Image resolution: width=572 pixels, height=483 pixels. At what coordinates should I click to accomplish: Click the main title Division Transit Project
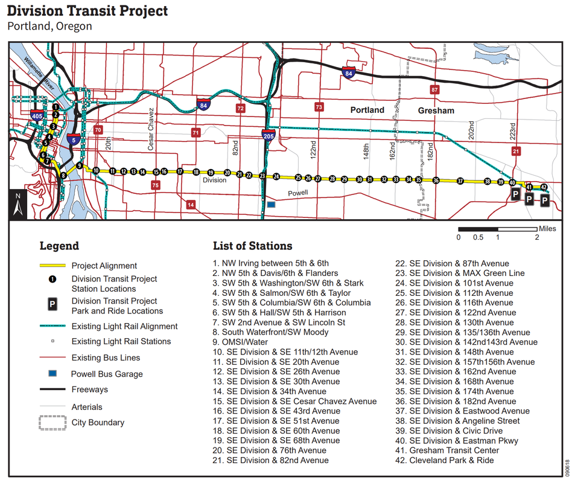point(88,11)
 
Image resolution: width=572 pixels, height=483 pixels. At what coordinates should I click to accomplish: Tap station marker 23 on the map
point(262,176)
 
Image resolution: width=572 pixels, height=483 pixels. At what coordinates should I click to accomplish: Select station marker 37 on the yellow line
point(460,181)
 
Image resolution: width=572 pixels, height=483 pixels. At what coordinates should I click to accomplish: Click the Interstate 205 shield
point(267,133)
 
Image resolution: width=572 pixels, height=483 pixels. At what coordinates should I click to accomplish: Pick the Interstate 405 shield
point(37,115)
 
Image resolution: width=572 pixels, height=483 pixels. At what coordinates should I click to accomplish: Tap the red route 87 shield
point(434,90)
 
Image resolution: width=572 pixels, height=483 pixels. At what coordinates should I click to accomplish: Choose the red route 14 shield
point(191,205)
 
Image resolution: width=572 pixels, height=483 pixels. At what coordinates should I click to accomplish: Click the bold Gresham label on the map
point(436,110)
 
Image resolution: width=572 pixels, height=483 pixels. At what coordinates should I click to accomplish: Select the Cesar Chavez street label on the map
point(151,129)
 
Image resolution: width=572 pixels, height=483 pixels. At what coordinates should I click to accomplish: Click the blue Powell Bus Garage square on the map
point(271,205)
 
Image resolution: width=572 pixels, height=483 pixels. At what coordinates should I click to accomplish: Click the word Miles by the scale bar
point(547,229)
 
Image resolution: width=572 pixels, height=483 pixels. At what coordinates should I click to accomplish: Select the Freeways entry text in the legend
point(91,389)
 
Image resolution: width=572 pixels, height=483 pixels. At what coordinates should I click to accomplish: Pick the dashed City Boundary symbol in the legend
point(52,422)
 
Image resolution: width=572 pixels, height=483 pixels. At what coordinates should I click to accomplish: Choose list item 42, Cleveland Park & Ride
point(451,460)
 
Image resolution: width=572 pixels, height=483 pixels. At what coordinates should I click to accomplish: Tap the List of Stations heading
point(252,246)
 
